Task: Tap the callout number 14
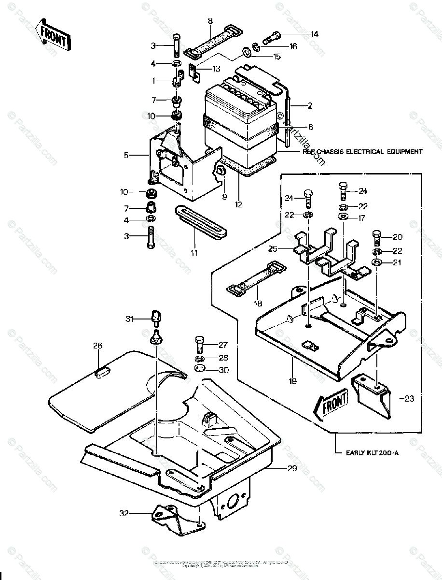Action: [315, 34]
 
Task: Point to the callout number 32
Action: [124, 514]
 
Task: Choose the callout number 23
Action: [409, 399]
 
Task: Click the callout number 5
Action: [126, 155]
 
